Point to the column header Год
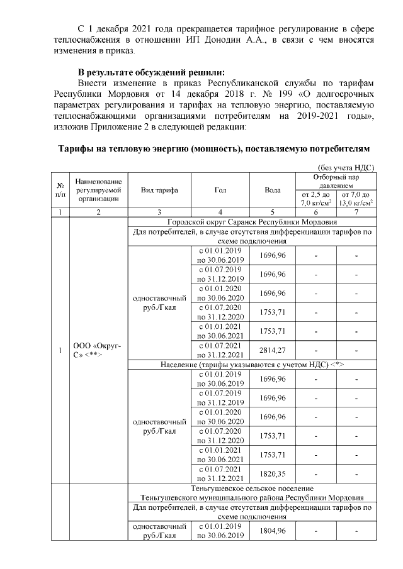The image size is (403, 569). click(220, 189)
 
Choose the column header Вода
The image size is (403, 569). click(273, 189)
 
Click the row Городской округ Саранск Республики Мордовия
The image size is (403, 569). click(252, 223)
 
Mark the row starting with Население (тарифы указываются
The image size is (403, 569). click(252, 364)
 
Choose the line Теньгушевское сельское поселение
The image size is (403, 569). click(252, 488)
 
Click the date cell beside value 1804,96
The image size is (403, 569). click(220, 531)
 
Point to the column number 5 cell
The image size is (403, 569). click(273, 213)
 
